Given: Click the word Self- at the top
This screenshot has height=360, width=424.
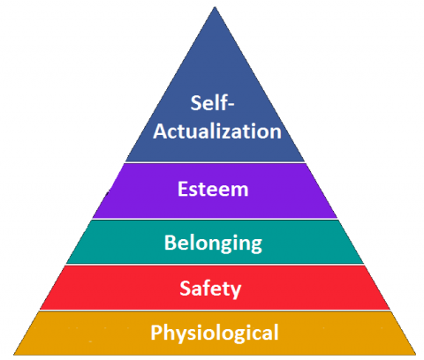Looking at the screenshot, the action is (x=212, y=102).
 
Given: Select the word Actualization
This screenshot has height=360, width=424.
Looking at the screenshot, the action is (x=217, y=131).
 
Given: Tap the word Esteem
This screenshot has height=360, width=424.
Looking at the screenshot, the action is (x=213, y=189).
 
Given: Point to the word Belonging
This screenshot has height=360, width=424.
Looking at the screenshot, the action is (x=213, y=244).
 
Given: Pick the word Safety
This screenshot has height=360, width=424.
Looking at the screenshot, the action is (x=210, y=289).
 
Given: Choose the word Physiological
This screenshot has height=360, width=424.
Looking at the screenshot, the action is (x=215, y=334).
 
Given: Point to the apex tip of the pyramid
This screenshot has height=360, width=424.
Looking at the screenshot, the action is (x=215, y=7).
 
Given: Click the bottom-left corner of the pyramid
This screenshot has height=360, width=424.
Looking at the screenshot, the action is (x=13, y=355).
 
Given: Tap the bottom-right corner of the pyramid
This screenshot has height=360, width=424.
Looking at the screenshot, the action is (x=416, y=355).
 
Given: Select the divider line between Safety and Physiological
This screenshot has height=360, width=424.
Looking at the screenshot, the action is (x=215, y=311).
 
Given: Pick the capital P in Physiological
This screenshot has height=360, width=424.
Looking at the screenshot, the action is (x=156, y=332).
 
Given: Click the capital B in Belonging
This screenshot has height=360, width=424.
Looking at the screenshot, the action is (x=170, y=243).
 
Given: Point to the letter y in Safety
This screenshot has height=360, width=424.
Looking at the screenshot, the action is (x=236, y=291).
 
